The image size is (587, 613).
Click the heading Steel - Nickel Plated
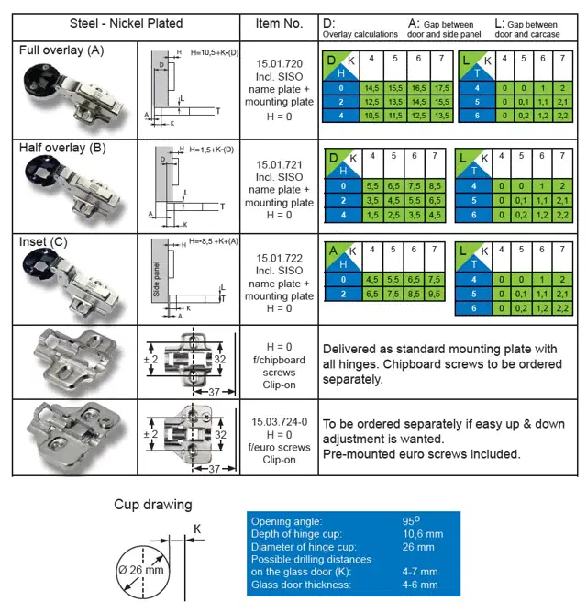(126, 23)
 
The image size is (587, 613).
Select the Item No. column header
(279, 23)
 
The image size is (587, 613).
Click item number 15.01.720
(279, 64)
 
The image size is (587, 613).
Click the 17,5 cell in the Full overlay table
(440, 88)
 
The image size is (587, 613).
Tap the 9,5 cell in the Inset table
(440, 294)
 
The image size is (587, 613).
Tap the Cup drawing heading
(153, 504)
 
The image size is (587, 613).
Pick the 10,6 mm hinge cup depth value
(423, 533)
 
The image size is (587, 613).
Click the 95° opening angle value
(412, 519)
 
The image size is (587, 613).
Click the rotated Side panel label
(157, 278)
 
